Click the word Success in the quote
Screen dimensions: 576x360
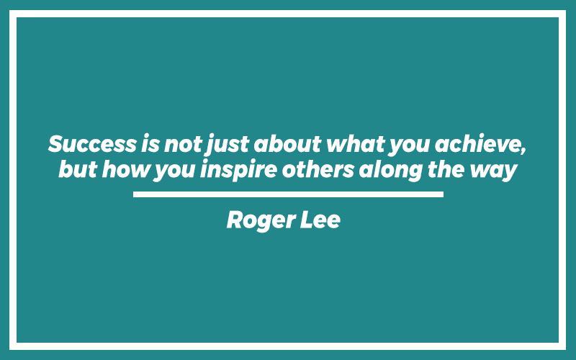[92, 143]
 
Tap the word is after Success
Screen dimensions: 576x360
[150, 143]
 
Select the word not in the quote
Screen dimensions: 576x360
[183, 145]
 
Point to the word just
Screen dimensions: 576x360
[228, 145]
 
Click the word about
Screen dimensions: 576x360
[287, 143]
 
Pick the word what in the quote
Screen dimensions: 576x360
[356, 143]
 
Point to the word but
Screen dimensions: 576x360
[78, 169]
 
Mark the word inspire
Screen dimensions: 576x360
[238, 171]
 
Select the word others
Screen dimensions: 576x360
[318, 169]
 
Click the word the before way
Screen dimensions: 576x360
[446, 169]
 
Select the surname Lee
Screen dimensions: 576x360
[320, 220]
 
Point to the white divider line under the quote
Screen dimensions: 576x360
[289, 194]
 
